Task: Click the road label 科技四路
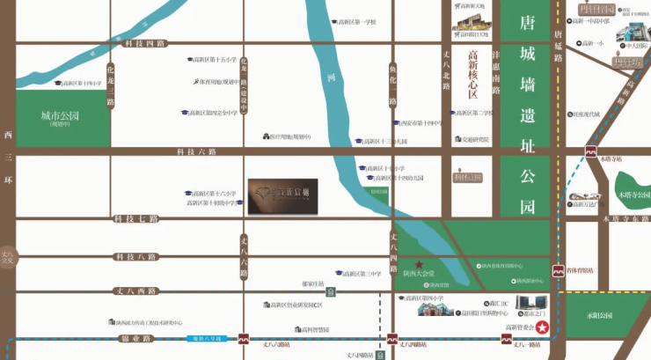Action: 145,43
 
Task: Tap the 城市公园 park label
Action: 60,116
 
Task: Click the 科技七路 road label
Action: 135,218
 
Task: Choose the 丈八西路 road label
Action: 135,290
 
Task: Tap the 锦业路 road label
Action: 135,338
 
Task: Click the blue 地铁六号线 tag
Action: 204,338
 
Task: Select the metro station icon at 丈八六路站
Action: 244,338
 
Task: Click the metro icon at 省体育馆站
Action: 556,272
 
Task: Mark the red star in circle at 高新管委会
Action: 543,328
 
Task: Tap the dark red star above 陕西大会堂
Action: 419,264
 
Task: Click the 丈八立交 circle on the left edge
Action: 9,256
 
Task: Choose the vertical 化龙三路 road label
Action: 111,84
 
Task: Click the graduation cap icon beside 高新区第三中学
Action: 338,274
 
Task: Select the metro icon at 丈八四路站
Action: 392,338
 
